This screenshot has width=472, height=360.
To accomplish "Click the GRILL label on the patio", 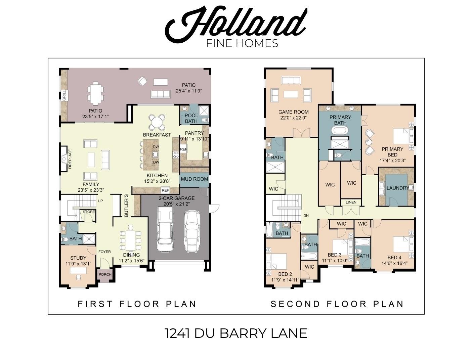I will point(64,96).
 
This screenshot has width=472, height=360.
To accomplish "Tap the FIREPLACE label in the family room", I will point(70,158).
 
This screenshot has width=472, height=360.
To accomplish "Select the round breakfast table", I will point(157,122).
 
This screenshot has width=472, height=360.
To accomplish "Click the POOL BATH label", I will point(191,118).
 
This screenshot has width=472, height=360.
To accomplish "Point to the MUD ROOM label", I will point(195,179).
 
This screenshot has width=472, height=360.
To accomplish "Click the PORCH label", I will point(105,274).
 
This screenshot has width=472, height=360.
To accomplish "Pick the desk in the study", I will point(78,270).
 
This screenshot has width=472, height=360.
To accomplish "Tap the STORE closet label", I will point(89,212).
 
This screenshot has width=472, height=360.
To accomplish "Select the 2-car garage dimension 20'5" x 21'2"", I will point(176,204).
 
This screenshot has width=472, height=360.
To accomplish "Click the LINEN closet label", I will point(351,202).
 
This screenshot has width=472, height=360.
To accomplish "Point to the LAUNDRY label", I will point(398,188).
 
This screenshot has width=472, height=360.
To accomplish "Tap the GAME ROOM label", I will point(293,112).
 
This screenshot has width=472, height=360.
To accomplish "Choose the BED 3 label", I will point(334,255).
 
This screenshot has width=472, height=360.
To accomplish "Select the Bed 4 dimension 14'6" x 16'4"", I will point(394,263).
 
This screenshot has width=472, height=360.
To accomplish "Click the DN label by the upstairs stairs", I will point(306,216).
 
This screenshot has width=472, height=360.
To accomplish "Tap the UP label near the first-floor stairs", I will point(100,201).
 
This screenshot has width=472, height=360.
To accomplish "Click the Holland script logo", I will point(236,22).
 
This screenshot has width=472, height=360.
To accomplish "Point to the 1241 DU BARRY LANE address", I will point(236,333).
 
